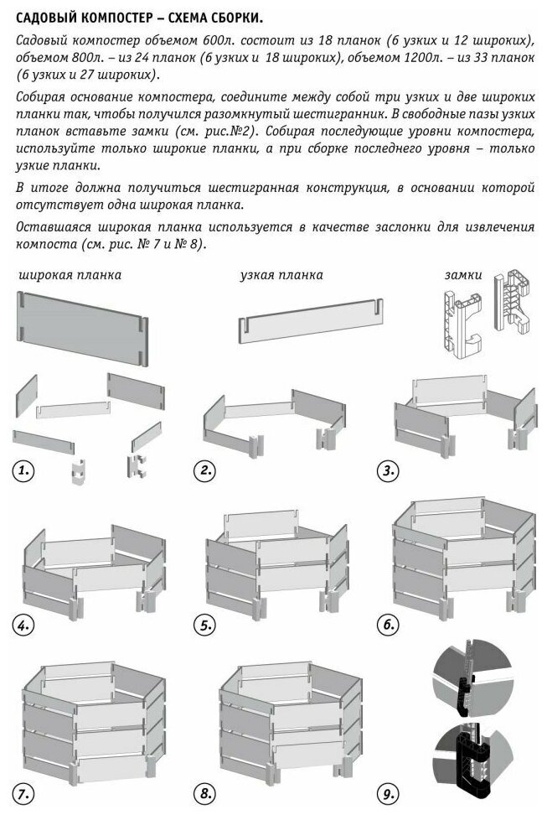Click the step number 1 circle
[x=23, y=471]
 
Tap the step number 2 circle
[x=205, y=471]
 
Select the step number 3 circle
[x=388, y=471]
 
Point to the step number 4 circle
[x=23, y=625]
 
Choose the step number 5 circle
[x=205, y=625]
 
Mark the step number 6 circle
[x=388, y=625]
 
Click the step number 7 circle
[x=23, y=794]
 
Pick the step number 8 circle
[x=205, y=794]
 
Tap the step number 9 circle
[x=388, y=794]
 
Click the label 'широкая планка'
[x=70, y=275]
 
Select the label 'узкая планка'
[x=281, y=275]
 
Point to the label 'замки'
[x=463, y=275]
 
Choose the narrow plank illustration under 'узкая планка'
[x=311, y=322]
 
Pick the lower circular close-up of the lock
[x=472, y=756]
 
